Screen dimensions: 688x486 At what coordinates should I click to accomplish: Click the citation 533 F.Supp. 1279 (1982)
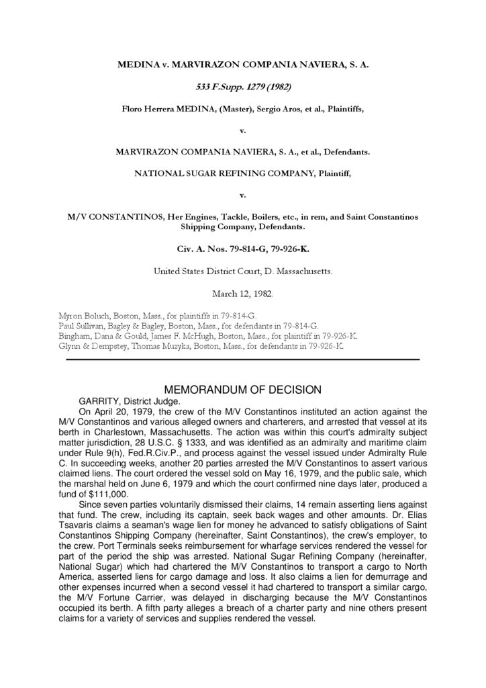click(242, 87)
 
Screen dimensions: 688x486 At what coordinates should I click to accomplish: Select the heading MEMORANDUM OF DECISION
click(242, 390)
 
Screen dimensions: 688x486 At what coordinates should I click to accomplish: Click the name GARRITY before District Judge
click(99, 401)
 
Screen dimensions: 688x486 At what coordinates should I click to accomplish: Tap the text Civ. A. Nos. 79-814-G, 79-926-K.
click(242, 248)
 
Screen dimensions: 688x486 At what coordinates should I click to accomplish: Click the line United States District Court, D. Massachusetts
click(242, 271)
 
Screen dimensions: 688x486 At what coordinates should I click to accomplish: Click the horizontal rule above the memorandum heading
click(242, 359)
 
